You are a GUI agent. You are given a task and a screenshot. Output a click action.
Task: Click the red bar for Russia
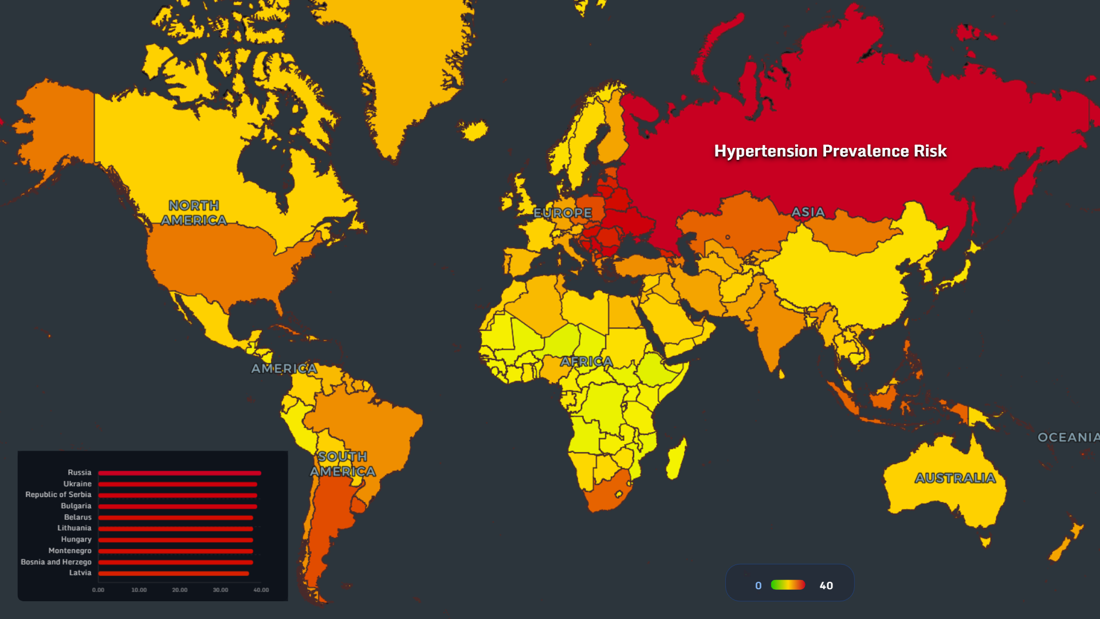[179, 473]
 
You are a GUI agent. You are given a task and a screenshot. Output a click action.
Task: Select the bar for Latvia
[173, 573]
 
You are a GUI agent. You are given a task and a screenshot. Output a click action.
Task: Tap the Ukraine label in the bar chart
[77, 484]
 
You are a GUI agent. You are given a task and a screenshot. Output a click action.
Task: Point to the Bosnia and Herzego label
[56, 562]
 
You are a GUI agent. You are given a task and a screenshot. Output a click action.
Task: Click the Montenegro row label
[70, 551]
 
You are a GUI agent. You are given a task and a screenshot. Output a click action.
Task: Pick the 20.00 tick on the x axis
[180, 590]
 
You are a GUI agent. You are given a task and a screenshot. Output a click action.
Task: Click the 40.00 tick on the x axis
[261, 590]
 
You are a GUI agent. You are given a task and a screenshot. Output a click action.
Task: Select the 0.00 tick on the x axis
[99, 590]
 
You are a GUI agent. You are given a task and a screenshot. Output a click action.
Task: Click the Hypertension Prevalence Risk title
[830, 151]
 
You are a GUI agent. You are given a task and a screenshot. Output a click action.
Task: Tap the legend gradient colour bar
[788, 585]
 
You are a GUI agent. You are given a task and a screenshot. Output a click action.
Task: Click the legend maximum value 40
[826, 585]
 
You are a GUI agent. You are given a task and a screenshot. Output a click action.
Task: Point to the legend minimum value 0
[759, 585]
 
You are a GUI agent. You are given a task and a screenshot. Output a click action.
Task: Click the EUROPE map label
[563, 213]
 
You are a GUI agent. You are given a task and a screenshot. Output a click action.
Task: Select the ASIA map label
[808, 212]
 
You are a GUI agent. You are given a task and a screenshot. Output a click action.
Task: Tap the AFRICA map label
[587, 362]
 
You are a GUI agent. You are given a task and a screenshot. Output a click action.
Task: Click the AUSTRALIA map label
[955, 478]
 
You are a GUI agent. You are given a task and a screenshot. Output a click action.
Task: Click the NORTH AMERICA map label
[194, 213]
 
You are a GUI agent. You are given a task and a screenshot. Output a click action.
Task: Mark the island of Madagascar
[677, 459]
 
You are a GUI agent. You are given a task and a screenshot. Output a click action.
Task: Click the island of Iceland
[474, 131]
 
